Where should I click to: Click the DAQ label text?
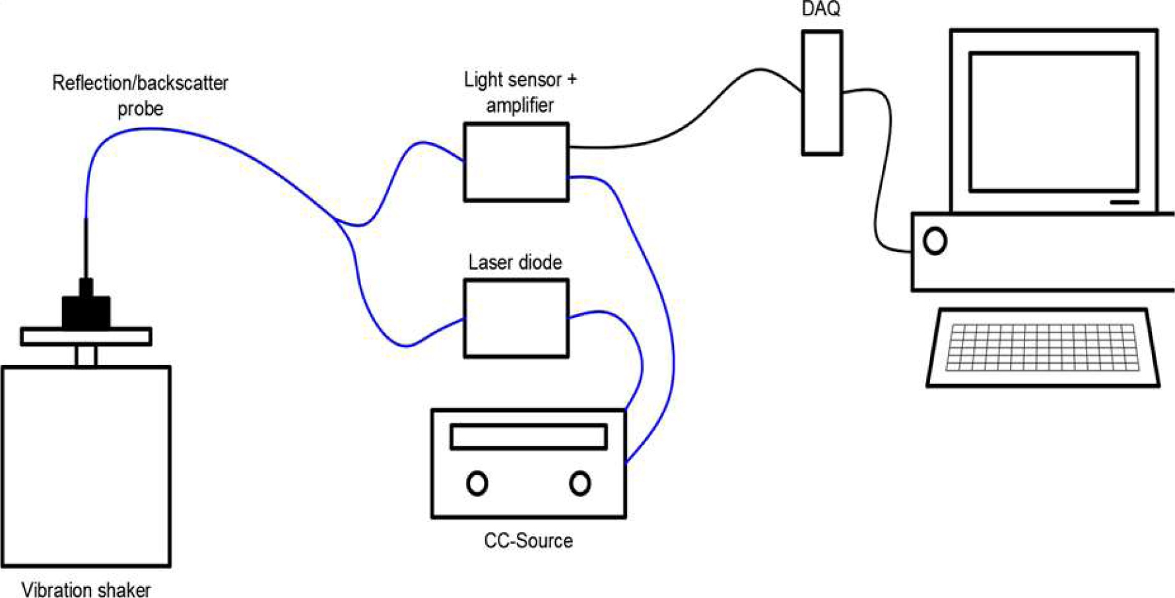click(821, 9)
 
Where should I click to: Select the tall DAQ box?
click(822, 93)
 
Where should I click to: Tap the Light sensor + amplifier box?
click(516, 162)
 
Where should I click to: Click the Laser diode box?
click(516, 319)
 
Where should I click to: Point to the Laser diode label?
click(515, 262)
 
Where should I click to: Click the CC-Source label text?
click(528, 541)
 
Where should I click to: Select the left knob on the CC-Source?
click(477, 483)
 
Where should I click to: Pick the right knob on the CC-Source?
click(580, 483)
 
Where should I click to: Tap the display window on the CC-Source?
click(529, 437)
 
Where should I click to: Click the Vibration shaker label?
click(86, 589)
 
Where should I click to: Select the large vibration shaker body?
click(86, 467)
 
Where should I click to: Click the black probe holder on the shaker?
click(86, 305)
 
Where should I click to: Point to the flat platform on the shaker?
click(86, 337)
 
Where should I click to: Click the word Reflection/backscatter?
click(140, 83)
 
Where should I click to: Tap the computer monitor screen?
click(1054, 122)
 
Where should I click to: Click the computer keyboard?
click(1043, 347)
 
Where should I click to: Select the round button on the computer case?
click(935, 241)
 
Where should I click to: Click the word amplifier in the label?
click(520, 105)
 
